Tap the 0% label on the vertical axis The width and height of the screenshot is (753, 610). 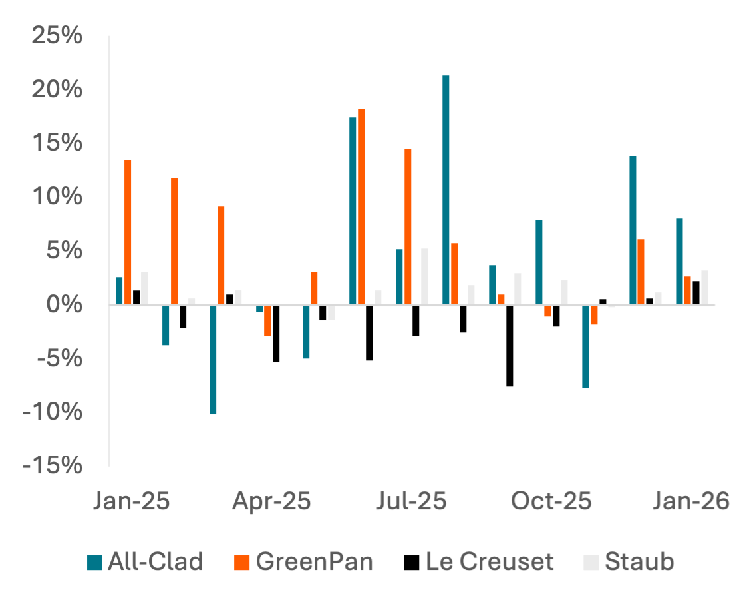tap(65, 304)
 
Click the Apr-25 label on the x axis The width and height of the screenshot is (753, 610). tap(271, 501)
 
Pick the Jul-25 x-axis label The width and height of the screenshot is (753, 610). tap(411, 501)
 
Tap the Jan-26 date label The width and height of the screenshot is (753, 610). tap(690, 501)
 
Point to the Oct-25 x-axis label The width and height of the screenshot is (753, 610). tap(551, 501)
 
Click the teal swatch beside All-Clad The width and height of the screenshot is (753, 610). tap(95, 563)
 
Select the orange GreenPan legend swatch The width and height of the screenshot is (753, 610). tap(242, 563)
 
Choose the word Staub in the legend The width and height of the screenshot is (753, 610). tap(639, 562)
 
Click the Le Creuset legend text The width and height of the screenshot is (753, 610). tap(490, 562)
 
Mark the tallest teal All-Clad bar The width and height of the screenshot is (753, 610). tap(446, 190)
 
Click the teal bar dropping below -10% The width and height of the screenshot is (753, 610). tap(213, 360)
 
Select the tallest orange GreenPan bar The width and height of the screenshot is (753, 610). tap(361, 206)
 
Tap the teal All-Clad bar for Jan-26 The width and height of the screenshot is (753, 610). tap(679, 262)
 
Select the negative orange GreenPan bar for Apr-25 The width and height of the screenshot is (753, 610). tap(267, 321)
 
